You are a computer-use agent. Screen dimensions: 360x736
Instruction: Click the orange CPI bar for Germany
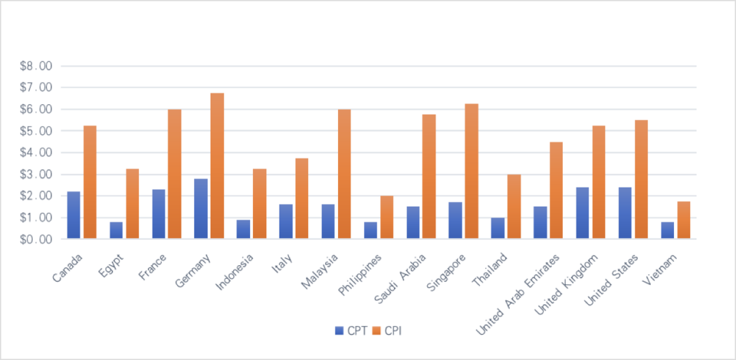click(x=217, y=166)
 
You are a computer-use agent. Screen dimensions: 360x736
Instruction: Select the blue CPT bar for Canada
click(x=74, y=215)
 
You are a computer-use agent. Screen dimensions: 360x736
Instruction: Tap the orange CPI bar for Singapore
click(x=472, y=171)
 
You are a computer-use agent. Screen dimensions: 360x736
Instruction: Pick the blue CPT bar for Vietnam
click(x=667, y=230)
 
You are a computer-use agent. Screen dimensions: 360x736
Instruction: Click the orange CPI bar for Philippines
click(x=387, y=217)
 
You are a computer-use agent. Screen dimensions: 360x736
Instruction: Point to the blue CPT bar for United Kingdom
click(x=582, y=212)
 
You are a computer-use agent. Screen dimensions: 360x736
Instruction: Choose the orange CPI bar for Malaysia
click(x=344, y=174)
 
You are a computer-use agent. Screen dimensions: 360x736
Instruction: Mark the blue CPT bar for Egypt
click(x=116, y=230)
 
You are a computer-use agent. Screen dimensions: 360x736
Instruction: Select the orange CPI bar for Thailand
click(x=514, y=207)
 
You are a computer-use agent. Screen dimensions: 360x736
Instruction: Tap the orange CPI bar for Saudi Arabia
click(x=429, y=177)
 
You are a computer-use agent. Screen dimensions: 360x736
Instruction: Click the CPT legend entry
click(x=351, y=331)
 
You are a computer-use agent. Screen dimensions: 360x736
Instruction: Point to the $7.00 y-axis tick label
click(x=35, y=87)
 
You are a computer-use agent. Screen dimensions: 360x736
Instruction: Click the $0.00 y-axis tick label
click(x=35, y=239)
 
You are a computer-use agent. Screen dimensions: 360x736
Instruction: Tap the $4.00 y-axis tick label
click(x=35, y=153)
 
